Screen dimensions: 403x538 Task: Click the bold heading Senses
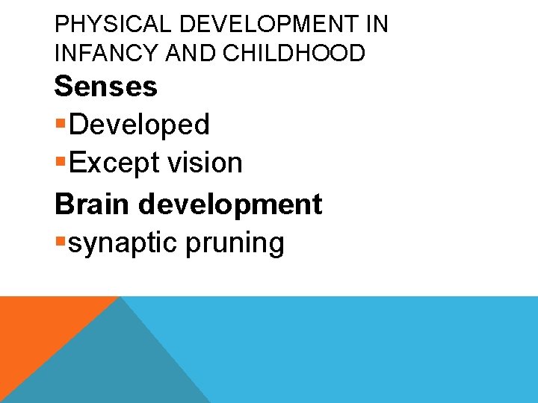point(105,87)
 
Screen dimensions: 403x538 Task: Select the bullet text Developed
point(138,125)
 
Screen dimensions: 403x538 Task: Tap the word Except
point(113,163)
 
